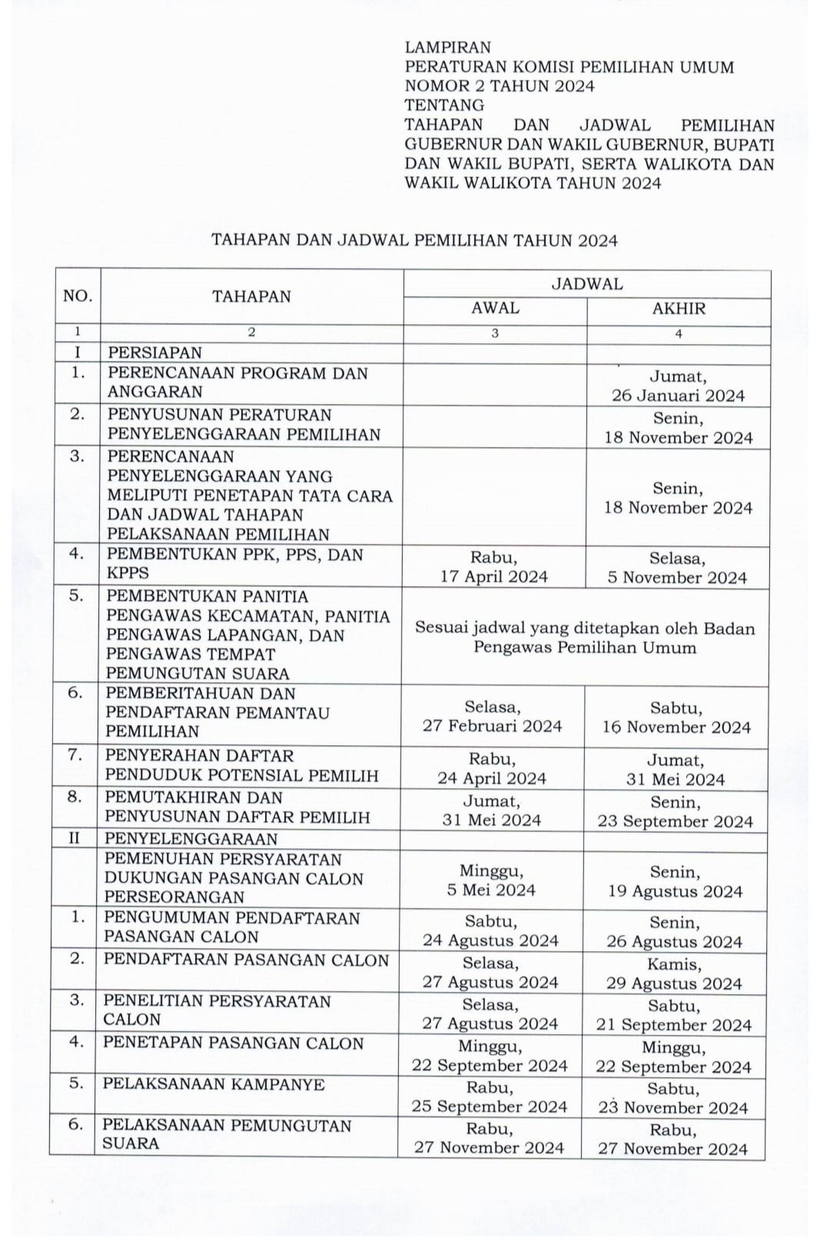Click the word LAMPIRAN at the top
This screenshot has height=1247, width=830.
tap(447, 48)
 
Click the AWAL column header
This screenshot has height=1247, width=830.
tap(495, 308)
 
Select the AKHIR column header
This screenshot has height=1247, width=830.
tap(678, 309)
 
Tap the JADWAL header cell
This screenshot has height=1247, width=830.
tap(587, 284)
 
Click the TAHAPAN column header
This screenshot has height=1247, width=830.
tap(251, 297)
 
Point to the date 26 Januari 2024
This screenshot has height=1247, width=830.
tap(678, 396)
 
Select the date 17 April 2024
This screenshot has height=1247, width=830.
tap(493, 577)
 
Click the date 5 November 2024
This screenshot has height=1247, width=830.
tap(677, 578)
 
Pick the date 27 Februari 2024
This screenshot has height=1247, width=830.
tap(492, 726)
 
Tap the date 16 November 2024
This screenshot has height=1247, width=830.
tap(676, 727)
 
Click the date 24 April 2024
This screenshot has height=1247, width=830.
tap(492, 778)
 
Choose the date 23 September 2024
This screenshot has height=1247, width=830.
tap(676, 821)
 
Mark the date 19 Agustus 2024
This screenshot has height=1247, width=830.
tap(676, 891)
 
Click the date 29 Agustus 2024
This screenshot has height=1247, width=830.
tap(674, 983)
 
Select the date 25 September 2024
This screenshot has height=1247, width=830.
tap(490, 1106)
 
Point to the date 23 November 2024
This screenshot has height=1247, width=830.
tap(673, 1107)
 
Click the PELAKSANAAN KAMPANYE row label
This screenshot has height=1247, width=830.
tap(214, 1084)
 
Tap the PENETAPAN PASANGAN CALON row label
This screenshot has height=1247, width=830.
tap(233, 1043)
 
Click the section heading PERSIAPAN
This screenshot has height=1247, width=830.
tap(154, 353)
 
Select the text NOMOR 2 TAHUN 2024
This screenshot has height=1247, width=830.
tap(500, 86)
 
